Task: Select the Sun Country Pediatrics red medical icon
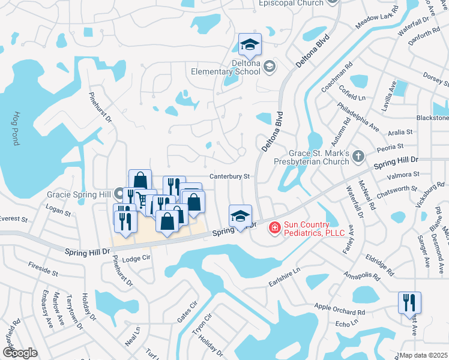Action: (x=274, y=227)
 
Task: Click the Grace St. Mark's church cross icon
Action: (x=358, y=157)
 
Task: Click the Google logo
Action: (x=20, y=353)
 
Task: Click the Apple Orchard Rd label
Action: (x=340, y=310)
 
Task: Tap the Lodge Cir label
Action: (x=135, y=259)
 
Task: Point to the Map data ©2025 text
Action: (x=424, y=355)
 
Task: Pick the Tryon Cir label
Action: (x=202, y=326)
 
